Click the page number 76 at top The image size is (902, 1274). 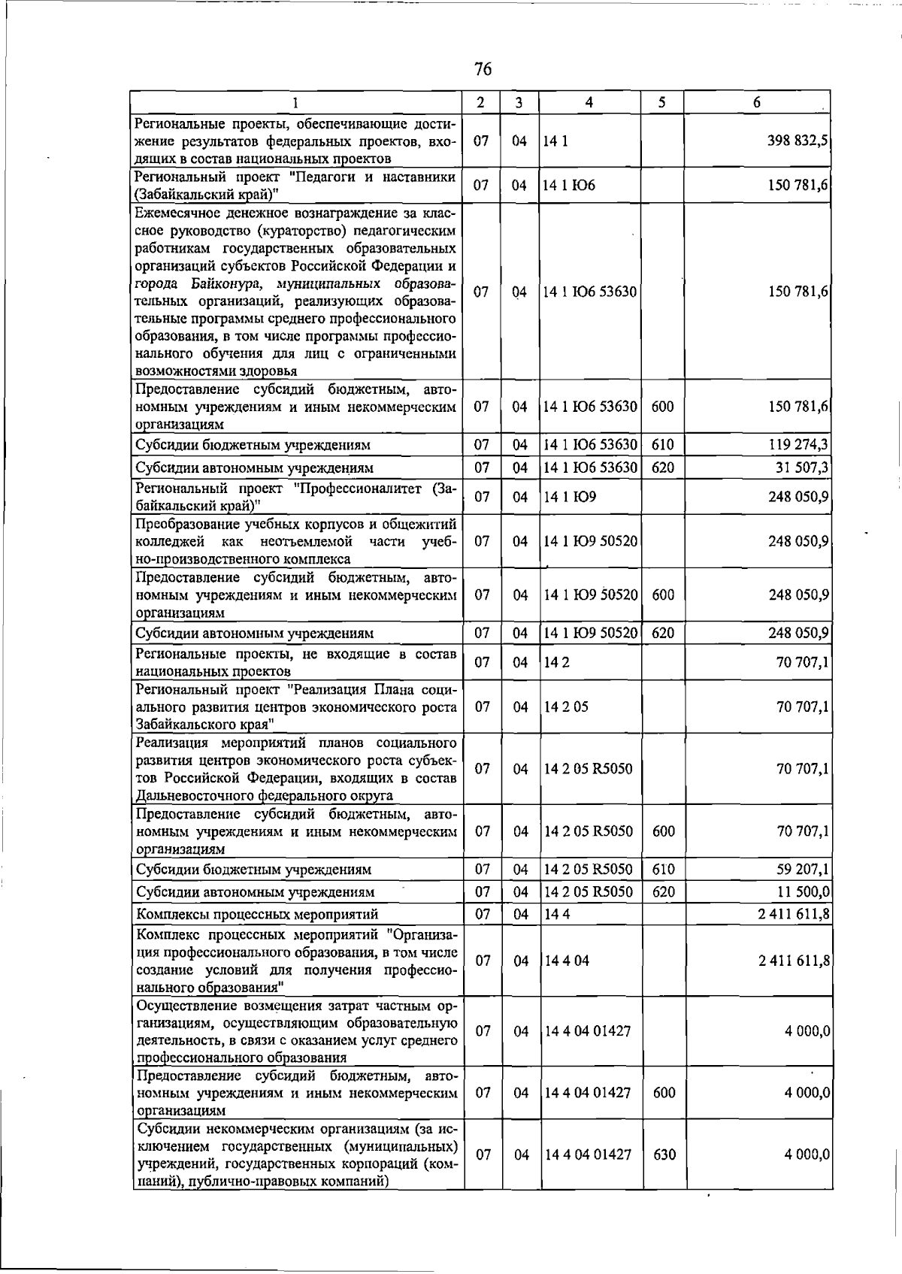(x=483, y=70)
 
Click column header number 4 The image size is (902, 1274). (x=589, y=102)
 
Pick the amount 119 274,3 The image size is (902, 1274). (x=798, y=445)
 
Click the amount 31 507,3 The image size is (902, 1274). (x=802, y=468)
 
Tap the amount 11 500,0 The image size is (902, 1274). (x=802, y=892)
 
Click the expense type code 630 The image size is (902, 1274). (x=664, y=1154)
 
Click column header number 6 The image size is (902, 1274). (x=757, y=102)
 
